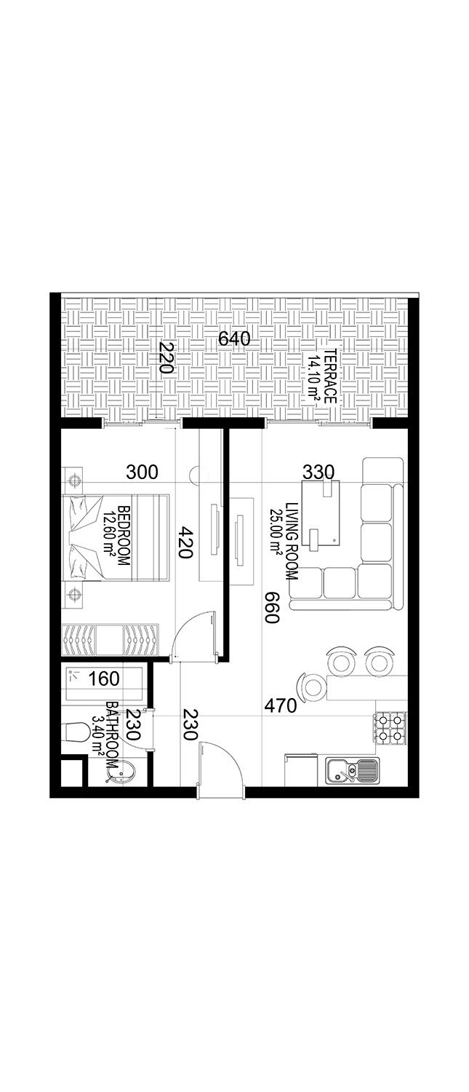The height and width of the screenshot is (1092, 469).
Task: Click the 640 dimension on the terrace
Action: coord(233,339)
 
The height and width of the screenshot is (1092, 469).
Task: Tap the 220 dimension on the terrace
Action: coord(167,357)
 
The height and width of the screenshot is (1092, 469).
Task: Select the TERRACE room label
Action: coord(331,376)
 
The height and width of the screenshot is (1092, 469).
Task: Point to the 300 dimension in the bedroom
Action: coord(143,472)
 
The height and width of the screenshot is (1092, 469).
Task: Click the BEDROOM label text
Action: coord(124,536)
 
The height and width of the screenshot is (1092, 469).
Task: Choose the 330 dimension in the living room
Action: coord(318,472)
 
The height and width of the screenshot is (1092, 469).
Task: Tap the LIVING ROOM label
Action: coord(292,541)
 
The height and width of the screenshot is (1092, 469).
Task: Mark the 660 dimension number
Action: coord(271,607)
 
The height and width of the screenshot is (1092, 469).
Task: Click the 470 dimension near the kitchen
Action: coord(281,705)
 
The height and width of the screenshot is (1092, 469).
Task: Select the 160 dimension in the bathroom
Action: coord(103,678)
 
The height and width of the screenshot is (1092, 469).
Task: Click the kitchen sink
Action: coord(352,771)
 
